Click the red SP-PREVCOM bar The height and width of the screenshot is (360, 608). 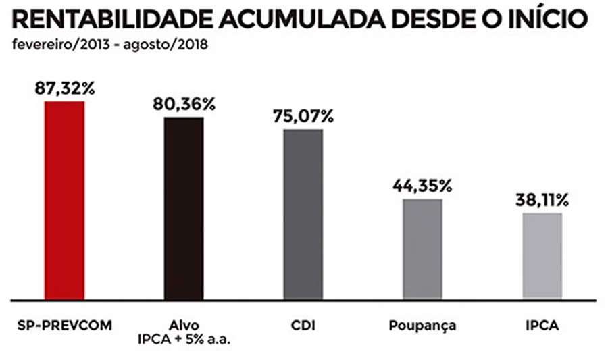[x=64, y=199]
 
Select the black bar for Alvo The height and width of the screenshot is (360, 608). [x=184, y=207]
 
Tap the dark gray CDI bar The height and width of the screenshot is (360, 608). [x=303, y=213]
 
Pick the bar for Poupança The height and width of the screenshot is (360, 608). [x=423, y=248]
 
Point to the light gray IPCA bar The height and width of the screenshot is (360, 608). [x=542, y=255]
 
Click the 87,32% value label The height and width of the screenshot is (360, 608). [x=64, y=89]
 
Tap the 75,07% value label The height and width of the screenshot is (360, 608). [x=303, y=116]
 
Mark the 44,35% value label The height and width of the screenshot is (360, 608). [x=423, y=186]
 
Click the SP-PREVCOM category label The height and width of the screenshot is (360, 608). [x=64, y=326]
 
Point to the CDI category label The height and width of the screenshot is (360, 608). [x=303, y=326]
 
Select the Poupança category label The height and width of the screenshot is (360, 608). [x=423, y=326]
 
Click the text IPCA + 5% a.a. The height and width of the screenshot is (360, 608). [x=184, y=338]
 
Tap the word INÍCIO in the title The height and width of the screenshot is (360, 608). [x=538, y=20]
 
